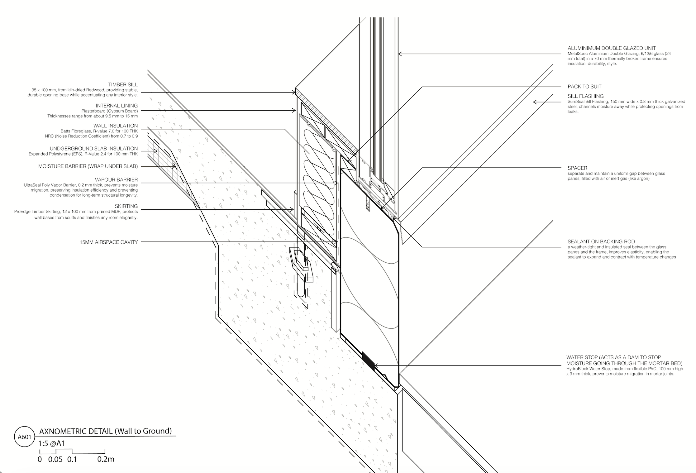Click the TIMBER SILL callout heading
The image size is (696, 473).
coord(123,85)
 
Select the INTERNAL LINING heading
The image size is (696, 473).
coord(117,106)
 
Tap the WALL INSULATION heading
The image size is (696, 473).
coord(115,126)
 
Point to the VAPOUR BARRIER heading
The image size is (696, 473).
coord(116,180)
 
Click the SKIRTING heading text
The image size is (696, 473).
coord(126,206)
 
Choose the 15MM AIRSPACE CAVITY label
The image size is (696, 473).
coord(108,242)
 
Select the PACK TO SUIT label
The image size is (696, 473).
coord(584,87)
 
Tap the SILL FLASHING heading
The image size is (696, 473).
coord(585,96)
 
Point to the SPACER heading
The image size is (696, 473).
coord(577,168)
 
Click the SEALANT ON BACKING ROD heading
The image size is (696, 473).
coord(601,242)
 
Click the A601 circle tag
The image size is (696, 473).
coord(24,437)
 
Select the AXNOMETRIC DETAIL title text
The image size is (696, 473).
coord(105,431)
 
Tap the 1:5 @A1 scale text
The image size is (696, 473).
coord(51,444)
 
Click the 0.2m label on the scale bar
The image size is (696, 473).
coord(106,459)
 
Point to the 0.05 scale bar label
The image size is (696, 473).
coord(55,459)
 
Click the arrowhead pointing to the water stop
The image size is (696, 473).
coord(376,365)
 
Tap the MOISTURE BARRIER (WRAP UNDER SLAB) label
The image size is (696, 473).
coord(88,166)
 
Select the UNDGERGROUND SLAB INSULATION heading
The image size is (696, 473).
coord(93,149)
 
